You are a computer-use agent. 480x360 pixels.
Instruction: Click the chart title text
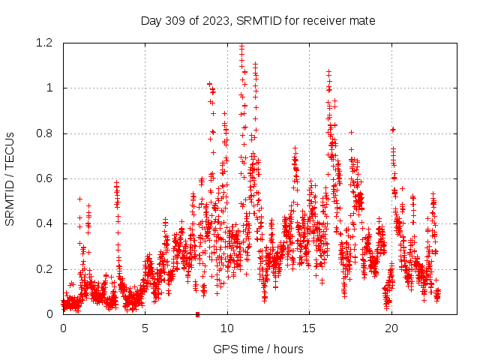(x=258, y=20)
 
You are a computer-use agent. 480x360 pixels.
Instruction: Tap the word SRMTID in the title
(x=256, y=20)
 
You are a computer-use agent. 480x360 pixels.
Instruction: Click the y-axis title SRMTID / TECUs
(x=10, y=179)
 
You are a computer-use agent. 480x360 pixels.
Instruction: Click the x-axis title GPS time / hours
(x=258, y=349)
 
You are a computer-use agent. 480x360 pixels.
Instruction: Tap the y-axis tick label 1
(x=51, y=88)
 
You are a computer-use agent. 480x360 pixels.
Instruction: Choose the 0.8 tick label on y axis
(x=46, y=133)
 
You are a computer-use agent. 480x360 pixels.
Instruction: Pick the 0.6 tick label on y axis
(x=46, y=178)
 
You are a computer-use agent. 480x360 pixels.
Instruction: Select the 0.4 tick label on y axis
(x=46, y=224)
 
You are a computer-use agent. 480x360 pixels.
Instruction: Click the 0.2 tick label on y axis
(x=46, y=269)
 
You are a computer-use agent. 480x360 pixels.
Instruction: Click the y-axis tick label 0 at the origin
(x=51, y=314)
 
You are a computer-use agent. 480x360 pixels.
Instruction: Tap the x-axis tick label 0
(x=63, y=328)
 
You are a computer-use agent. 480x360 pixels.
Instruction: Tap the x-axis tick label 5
(x=145, y=328)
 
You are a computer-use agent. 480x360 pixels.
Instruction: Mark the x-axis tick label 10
(x=227, y=328)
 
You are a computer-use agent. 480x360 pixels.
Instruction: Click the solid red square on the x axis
(x=197, y=314)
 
